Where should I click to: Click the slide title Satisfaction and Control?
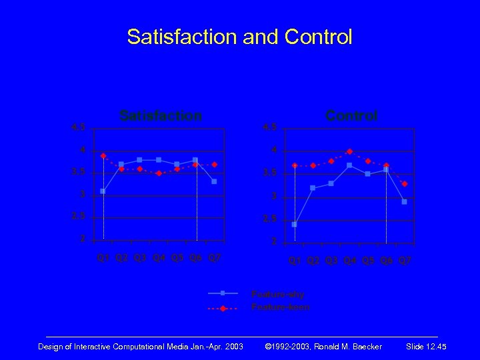pyautogui.click(x=239, y=37)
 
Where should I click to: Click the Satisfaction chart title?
pyautogui.click(x=160, y=115)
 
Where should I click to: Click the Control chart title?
pyautogui.click(x=351, y=115)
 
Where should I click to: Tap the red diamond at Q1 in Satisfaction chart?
pyautogui.click(x=103, y=155)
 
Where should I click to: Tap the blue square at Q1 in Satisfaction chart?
pyautogui.click(x=103, y=191)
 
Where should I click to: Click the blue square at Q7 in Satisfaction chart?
pyautogui.click(x=214, y=181)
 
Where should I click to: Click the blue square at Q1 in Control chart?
pyautogui.click(x=295, y=225)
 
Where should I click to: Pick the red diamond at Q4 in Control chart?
pyautogui.click(x=349, y=151)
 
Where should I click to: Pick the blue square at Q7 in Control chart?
pyautogui.click(x=405, y=201)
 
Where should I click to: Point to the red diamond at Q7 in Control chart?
pyautogui.click(x=405, y=183)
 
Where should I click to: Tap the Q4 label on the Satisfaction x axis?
pyautogui.click(x=159, y=257)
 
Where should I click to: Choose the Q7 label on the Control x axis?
pyautogui.click(x=405, y=261)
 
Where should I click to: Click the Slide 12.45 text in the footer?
pyautogui.click(x=426, y=347)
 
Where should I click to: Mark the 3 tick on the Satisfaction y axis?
pyautogui.click(x=82, y=195)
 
